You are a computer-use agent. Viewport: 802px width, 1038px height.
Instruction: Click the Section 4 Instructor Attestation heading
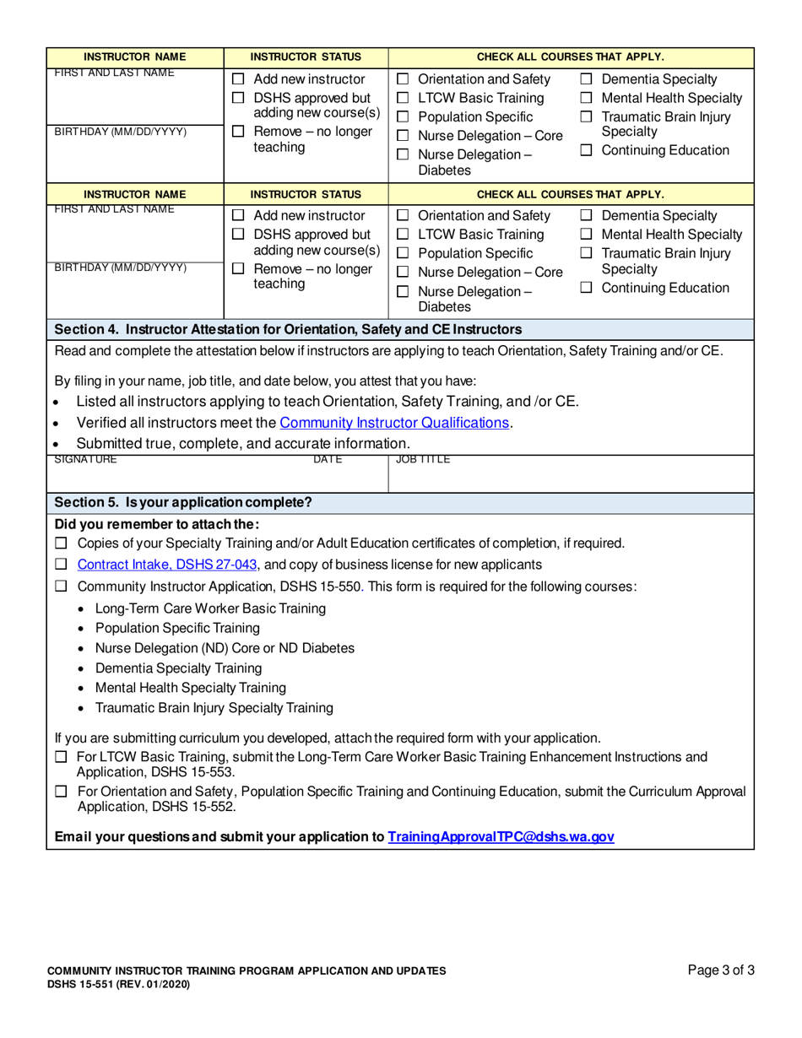pos(287,328)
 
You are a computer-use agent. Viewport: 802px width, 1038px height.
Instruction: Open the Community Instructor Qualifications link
pos(394,422)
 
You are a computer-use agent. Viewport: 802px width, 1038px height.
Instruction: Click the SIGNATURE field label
pos(85,460)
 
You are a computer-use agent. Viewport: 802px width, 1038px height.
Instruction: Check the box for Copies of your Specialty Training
pos(61,543)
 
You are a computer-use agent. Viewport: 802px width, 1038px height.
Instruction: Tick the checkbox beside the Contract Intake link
pos(61,565)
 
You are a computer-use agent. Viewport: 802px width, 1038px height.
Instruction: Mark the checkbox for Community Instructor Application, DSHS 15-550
pos(61,586)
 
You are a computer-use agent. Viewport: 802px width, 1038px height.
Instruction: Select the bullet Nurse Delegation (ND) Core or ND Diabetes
pos(225,647)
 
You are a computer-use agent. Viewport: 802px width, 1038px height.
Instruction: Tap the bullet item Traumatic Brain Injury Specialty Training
pos(214,707)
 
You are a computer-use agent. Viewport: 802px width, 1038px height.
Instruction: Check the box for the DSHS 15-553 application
pos(61,757)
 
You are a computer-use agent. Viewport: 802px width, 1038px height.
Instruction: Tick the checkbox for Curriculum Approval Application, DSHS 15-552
pos(61,792)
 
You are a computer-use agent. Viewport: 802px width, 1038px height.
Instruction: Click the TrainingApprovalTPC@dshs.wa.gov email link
pos(501,837)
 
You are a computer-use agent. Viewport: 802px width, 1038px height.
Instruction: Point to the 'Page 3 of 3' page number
pos(721,970)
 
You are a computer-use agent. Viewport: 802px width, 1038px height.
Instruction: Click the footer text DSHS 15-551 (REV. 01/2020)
pos(118,984)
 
